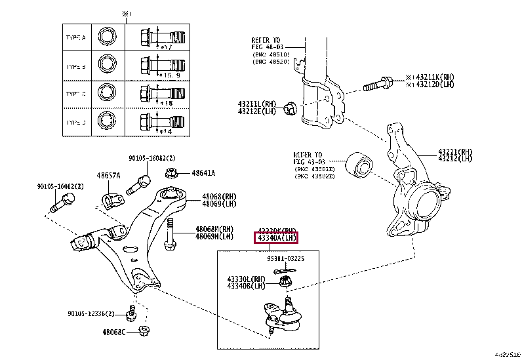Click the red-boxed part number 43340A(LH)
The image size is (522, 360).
(277, 237)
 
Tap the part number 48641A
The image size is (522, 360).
(203, 173)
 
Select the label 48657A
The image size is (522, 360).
(108, 176)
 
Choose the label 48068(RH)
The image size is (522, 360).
(219, 196)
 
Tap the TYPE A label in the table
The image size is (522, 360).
(76, 37)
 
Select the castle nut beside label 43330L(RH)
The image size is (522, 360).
(285, 283)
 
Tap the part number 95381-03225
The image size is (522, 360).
(286, 259)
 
